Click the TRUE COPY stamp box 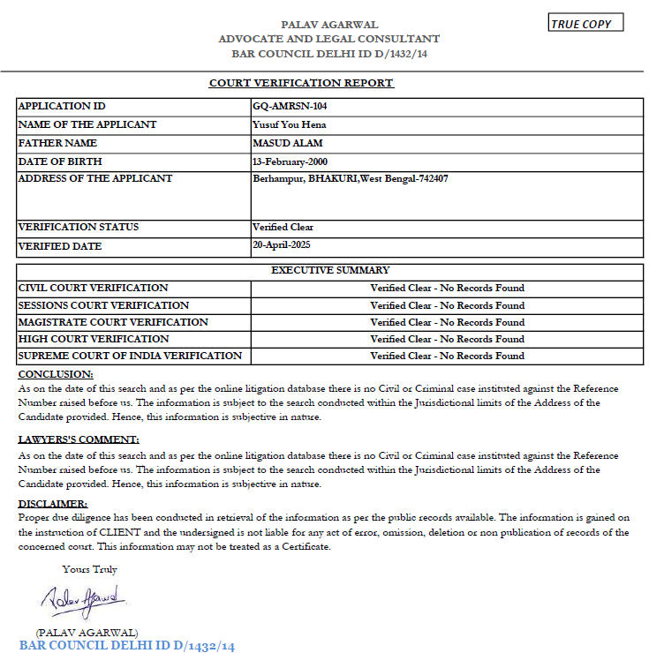click(x=585, y=24)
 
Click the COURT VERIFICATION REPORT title click(x=301, y=83)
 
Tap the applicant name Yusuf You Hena click(x=289, y=124)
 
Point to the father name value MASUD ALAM click(x=287, y=143)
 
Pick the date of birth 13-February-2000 click(x=290, y=161)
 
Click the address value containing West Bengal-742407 click(x=351, y=179)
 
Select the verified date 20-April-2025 click(x=282, y=244)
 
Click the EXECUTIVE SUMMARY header click(x=330, y=270)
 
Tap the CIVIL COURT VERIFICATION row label click(x=93, y=288)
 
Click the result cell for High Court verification click(x=447, y=339)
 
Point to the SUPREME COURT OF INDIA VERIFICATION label click(x=130, y=356)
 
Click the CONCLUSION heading click(x=56, y=374)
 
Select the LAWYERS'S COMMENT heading click(x=79, y=439)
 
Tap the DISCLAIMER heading click(x=54, y=504)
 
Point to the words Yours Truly click(x=89, y=569)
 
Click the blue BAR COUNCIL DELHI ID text click(x=127, y=646)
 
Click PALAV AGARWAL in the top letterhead click(x=328, y=25)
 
